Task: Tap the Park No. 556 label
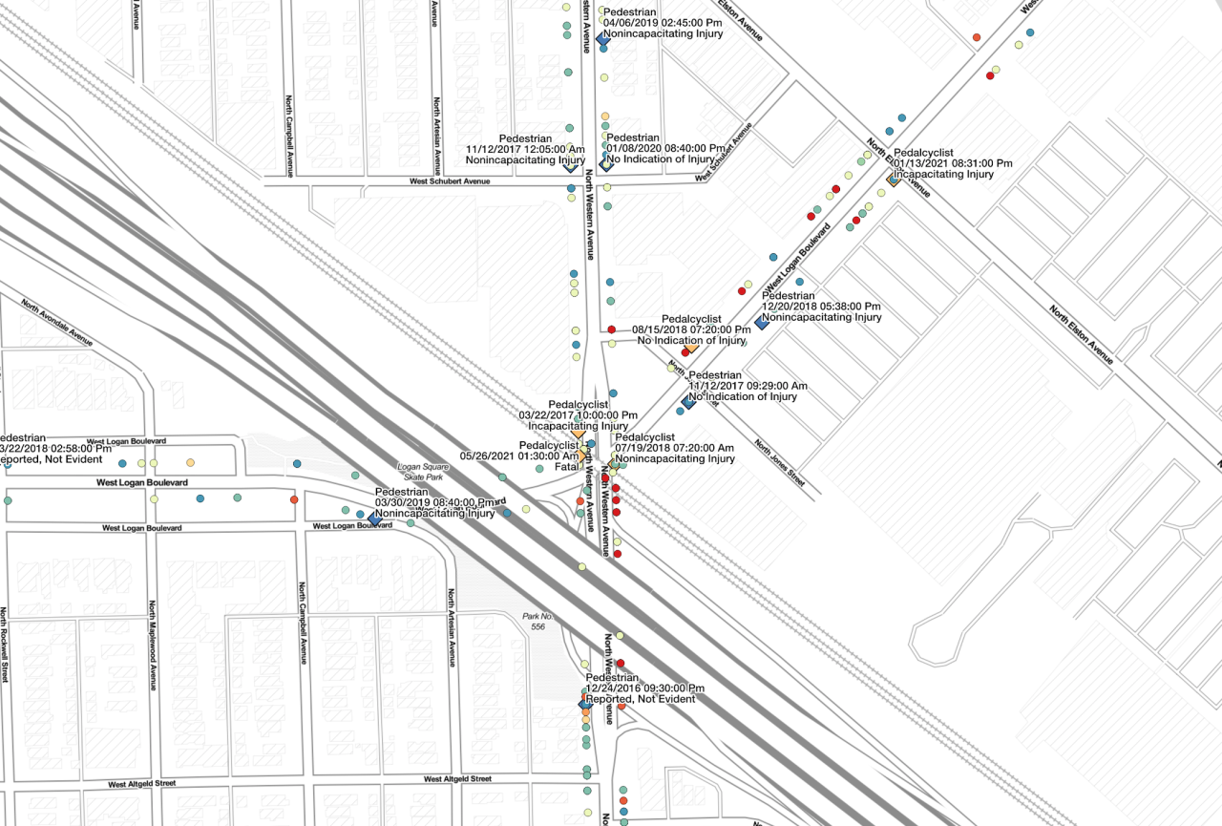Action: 538,621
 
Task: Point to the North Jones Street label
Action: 779,463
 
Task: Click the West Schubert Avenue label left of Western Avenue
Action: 449,180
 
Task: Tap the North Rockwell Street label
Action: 5,645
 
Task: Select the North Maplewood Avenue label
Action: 152,646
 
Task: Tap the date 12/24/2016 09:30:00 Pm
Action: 645,688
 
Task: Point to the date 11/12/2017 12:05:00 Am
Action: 526,150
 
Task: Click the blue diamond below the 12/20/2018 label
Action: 762,323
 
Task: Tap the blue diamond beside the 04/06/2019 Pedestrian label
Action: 602,38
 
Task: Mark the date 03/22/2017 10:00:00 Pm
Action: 578,415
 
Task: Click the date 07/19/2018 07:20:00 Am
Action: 674,448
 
